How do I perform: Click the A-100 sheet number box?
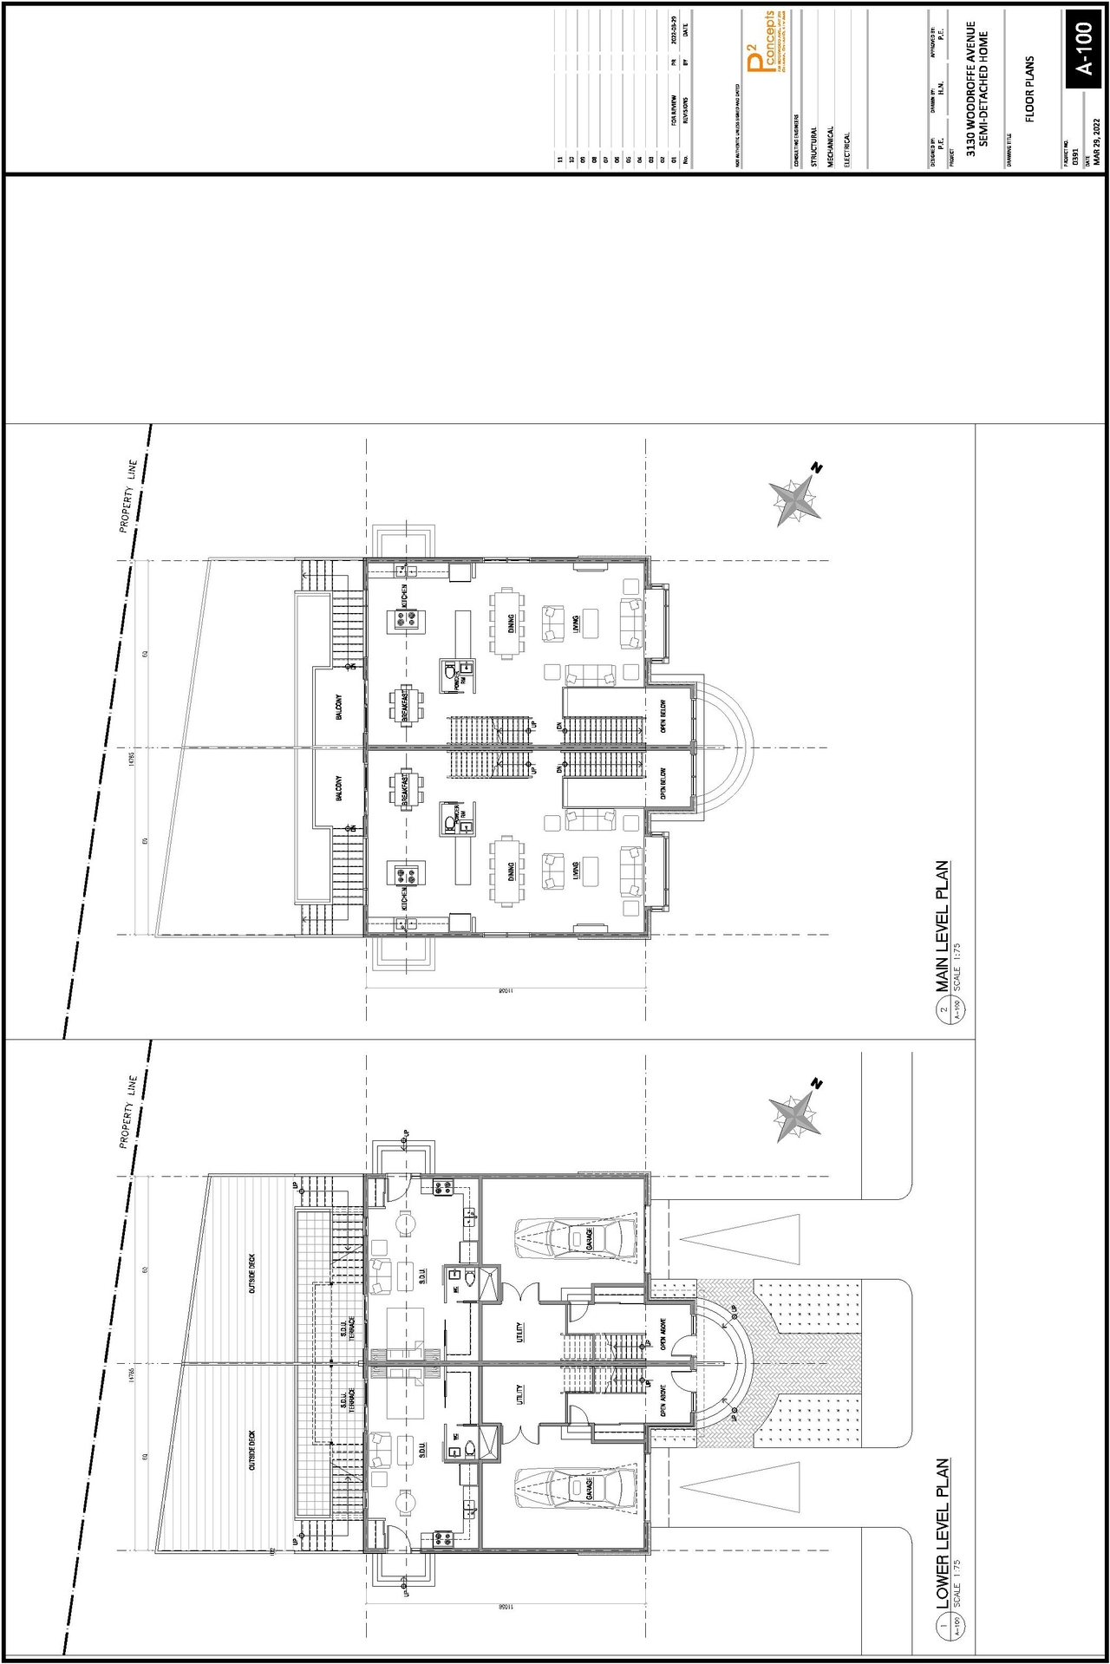(1084, 49)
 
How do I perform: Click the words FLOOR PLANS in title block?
(1029, 89)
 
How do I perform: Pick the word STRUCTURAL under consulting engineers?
(813, 147)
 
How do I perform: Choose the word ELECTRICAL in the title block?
(846, 149)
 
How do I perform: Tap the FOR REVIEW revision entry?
(674, 111)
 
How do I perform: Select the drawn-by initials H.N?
(940, 88)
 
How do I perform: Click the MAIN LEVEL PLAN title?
(942, 926)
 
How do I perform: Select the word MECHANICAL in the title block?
(830, 147)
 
